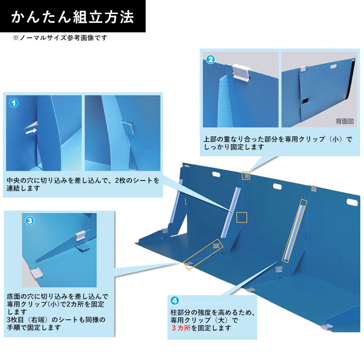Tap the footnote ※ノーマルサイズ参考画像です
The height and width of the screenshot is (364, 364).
tap(60, 37)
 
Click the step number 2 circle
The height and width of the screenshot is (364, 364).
tap(211, 60)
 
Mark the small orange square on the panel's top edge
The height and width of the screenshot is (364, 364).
tap(247, 175)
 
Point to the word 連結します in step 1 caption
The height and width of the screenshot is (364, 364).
tap(22, 189)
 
